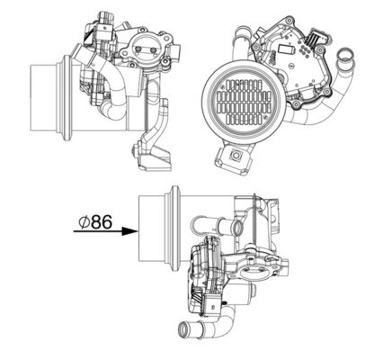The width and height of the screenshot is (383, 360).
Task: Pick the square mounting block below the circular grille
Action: click(x=236, y=158)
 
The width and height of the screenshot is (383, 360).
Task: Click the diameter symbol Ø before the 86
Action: click(x=83, y=220)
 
